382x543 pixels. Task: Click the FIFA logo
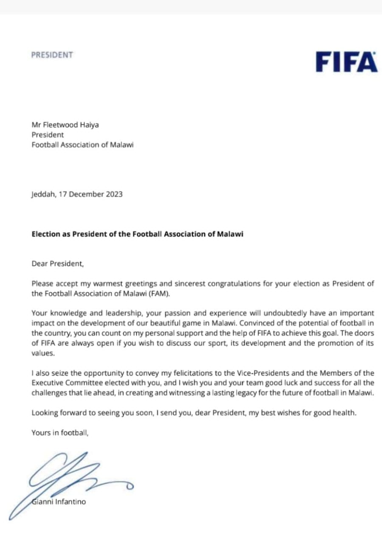(x=346, y=62)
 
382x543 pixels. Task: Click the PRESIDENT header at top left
(x=52, y=55)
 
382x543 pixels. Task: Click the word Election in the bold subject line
(x=45, y=234)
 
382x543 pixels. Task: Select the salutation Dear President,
(x=58, y=263)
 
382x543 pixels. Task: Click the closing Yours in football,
(x=60, y=433)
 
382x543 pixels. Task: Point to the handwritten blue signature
(x=72, y=475)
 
